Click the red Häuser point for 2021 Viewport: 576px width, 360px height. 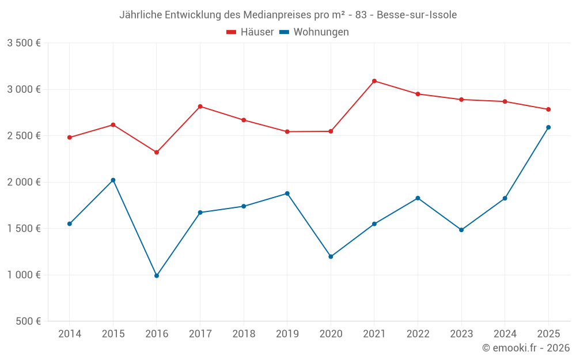point(374,81)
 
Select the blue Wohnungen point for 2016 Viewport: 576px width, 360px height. point(157,276)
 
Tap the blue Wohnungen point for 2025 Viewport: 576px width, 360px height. point(548,127)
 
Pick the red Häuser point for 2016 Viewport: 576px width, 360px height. point(157,152)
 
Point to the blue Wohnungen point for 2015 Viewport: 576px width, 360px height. point(113,180)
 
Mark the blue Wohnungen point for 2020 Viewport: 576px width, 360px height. point(331,257)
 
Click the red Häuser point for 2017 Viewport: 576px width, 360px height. point(200,107)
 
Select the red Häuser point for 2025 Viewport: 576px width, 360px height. point(548,109)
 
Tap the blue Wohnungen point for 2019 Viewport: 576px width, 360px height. point(287,194)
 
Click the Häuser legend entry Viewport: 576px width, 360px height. point(250,32)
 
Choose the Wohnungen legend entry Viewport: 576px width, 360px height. point(314,32)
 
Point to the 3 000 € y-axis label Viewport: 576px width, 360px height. point(24,89)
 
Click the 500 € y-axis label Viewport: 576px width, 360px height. point(28,321)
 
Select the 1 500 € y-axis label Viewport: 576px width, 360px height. point(24,229)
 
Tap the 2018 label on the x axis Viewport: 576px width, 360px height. point(244,334)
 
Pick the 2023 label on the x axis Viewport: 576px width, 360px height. point(461,334)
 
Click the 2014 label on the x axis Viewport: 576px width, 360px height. point(70,334)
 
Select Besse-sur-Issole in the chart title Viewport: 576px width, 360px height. point(417,15)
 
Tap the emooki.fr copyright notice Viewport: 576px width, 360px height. point(526,348)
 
